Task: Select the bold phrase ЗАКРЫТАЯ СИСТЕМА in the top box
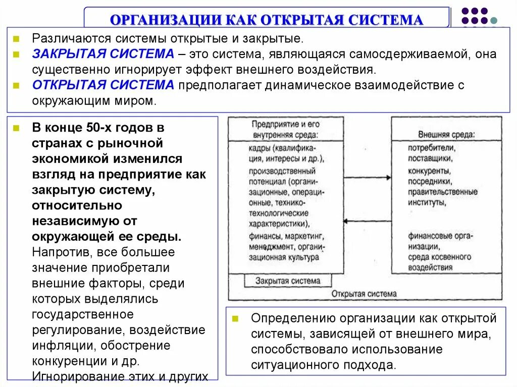coord(103,53)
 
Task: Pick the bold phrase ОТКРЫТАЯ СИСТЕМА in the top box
coord(103,85)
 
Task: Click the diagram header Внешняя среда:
coord(446,135)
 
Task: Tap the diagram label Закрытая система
coord(288,281)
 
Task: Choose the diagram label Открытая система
coord(364,293)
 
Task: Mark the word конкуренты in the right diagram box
coord(430,170)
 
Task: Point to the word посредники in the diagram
coord(430,181)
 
